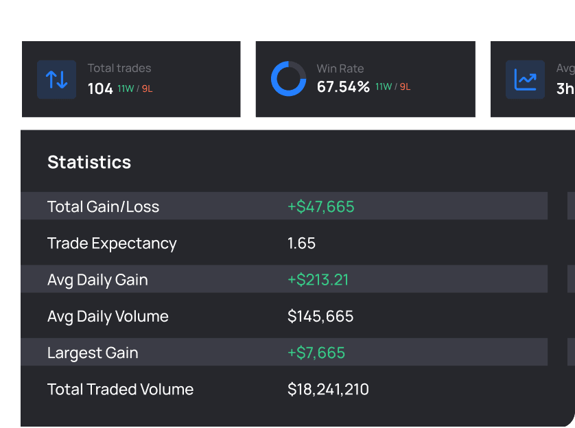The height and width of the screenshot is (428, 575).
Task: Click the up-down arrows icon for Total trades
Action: (x=56, y=80)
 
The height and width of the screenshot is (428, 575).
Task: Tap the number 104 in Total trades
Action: (x=100, y=88)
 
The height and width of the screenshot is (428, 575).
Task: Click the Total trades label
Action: (x=119, y=68)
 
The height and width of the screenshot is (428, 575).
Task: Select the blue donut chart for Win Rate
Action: (x=288, y=79)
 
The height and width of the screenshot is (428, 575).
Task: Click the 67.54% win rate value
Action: (x=343, y=87)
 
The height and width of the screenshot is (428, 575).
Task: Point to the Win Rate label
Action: (x=340, y=69)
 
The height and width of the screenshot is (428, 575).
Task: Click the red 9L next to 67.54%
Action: (x=405, y=87)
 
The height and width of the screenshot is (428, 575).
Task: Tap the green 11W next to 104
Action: (x=126, y=88)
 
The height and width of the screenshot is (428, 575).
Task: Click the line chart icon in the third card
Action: (x=526, y=80)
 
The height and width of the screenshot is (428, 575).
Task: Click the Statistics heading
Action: (x=89, y=163)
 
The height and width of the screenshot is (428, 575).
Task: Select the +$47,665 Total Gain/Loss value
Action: (x=320, y=206)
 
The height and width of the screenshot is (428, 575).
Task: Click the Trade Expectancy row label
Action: (x=112, y=243)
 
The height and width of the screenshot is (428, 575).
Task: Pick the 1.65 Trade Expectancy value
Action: (x=301, y=243)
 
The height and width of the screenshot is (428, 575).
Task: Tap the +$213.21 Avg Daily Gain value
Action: (x=318, y=280)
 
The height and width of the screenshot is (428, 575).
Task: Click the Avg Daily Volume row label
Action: (x=108, y=316)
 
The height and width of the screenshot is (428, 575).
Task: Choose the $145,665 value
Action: (x=320, y=316)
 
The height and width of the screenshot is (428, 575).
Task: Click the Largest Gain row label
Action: (x=93, y=353)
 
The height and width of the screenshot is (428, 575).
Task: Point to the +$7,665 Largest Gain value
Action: (x=316, y=353)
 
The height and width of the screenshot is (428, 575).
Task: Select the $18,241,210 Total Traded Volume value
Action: (x=328, y=390)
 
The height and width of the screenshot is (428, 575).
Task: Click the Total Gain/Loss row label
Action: (x=103, y=206)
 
